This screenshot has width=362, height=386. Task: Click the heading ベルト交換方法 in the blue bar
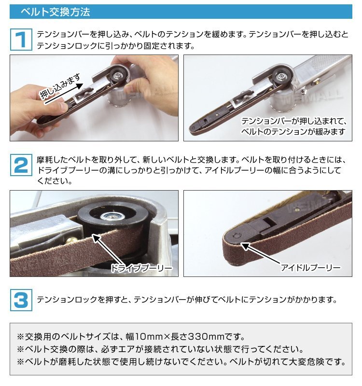[56, 12]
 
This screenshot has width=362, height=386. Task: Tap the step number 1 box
[21, 40]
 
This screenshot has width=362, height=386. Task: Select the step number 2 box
[21, 165]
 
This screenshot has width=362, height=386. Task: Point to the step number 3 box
[21, 300]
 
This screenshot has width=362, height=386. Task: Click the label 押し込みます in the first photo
[60, 86]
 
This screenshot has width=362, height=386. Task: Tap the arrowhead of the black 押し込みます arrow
[80, 86]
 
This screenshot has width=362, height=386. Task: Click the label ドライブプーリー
[141, 268]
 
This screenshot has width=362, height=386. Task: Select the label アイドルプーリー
[311, 268]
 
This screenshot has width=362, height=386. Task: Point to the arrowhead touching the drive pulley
[96, 238]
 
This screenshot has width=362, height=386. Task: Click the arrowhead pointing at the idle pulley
[245, 246]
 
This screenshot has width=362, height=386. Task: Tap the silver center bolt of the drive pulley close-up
[111, 216]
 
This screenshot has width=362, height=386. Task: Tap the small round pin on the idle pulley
[237, 235]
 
